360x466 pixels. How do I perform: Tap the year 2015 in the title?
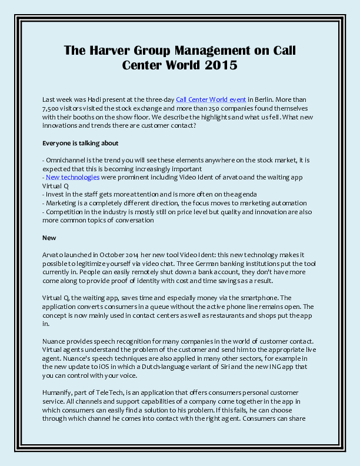[x=221, y=65]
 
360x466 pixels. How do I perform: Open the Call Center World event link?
[x=211, y=101]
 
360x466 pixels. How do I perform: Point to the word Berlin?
[x=263, y=101]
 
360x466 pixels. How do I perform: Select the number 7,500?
[x=52, y=109]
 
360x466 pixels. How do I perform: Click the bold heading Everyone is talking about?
[x=81, y=143]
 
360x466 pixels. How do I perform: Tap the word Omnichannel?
[x=66, y=160]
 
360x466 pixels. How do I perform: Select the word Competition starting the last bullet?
[x=66, y=211]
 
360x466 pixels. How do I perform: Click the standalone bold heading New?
[x=49, y=238]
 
